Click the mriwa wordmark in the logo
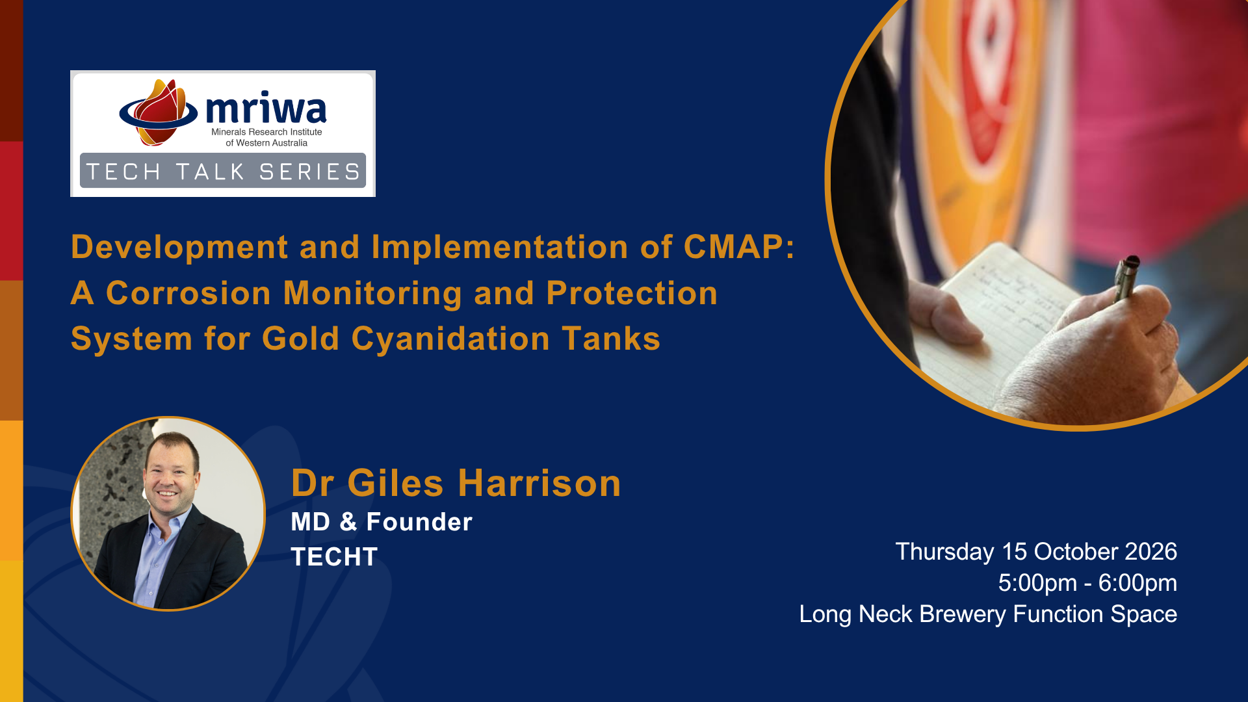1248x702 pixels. click(x=266, y=109)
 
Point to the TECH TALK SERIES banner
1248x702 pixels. click(x=223, y=171)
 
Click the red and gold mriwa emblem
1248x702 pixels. click(x=159, y=112)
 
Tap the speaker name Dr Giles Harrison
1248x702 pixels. click(x=456, y=483)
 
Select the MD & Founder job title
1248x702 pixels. click(x=382, y=522)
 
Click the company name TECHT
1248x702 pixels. click(x=334, y=557)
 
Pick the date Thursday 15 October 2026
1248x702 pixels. click(x=1036, y=552)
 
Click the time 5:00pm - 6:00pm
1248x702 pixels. click(x=1087, y=583)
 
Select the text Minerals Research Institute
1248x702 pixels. click(x=266, y=132)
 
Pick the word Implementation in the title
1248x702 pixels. click(x=500, y=247)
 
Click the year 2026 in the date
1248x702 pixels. click(x=1151, y=552)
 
